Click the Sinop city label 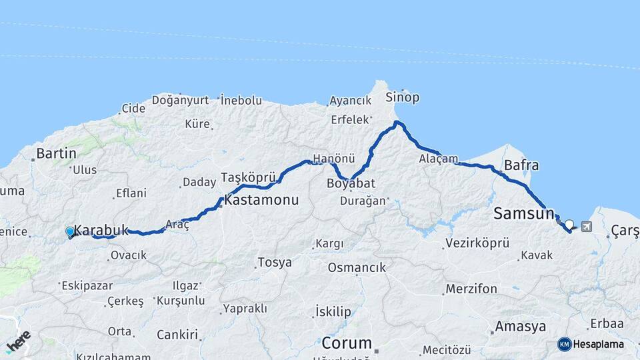[403, 97]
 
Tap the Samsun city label [524, 213]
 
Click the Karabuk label [101, 230]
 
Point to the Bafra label [521, 165]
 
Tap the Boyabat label [351, 183]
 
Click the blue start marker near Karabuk [70, 232]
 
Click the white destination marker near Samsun [569, 225]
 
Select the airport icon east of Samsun [586, 227]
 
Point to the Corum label [346, 343]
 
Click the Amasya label [520, 327]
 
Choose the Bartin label [56, 153]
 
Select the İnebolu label [241, 100]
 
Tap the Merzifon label [471, 289]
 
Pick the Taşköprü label [248, 178]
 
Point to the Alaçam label [439, 159]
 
